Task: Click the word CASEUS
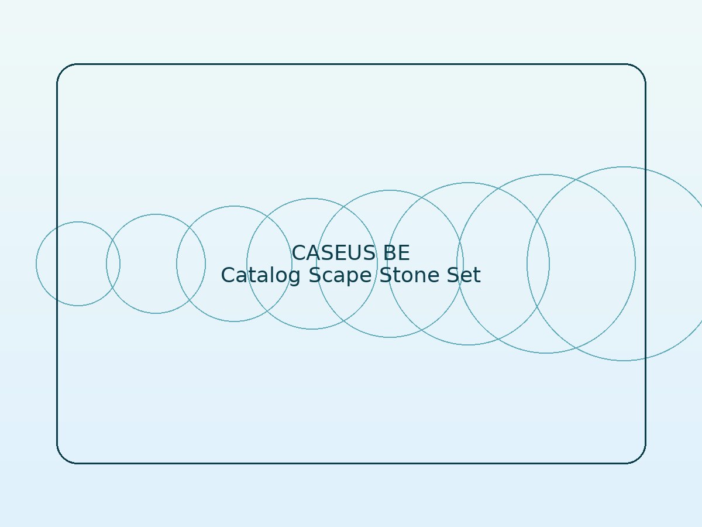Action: coord(333,253)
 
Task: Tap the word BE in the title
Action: coord(396,253)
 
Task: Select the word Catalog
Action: coord(261,275)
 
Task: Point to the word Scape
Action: coord(340,275)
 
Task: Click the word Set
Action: coord(464,275)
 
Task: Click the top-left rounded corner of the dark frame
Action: coord(63,70)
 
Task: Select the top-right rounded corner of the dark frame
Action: coord(640,70)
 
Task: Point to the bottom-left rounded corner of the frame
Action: coord(63,458)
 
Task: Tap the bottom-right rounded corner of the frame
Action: coord(640,458)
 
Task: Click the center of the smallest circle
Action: coord(78,263)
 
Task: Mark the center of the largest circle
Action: coord(624,263)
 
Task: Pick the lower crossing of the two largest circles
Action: coord(576,348)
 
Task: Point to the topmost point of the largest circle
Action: coord(624,167)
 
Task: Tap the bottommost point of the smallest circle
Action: coord(78,306)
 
